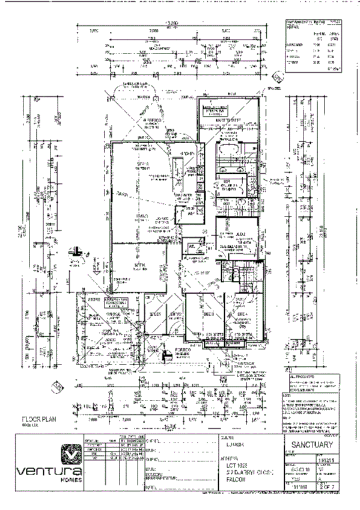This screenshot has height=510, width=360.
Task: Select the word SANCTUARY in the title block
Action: pyautogui.click(x=315, y=446)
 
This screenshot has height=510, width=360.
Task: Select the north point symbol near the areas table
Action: pyautogui.click(x=277, y=76)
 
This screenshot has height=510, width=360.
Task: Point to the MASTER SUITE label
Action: pyautogui.click(x=228, y=121)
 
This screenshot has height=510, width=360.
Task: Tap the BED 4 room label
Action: pyautogui.click(x=242, y=315)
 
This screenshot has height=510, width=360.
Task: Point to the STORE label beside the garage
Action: pyautogui.click(x=93, y=299)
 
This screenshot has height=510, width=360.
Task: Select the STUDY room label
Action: pyautogui.click(x=155, y=314)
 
